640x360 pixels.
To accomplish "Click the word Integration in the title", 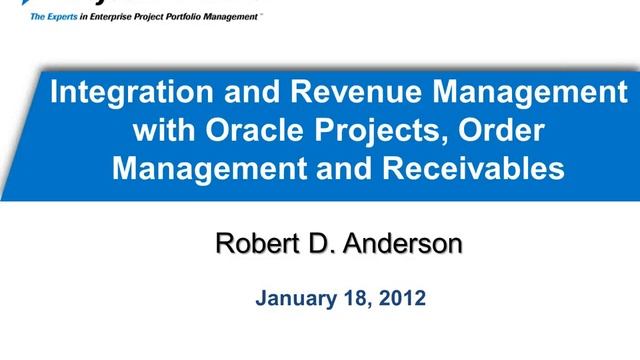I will point(115,96).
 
